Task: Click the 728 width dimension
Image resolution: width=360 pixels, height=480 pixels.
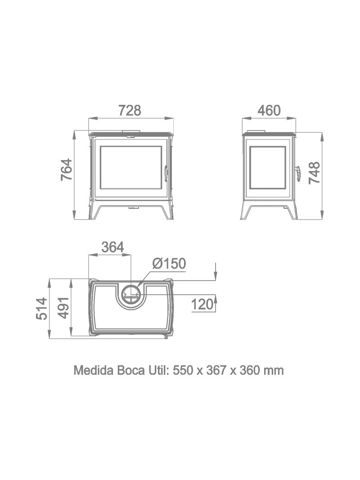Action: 130,111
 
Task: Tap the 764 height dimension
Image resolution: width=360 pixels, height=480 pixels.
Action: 67,169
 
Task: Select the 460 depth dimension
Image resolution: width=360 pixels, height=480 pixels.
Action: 269,111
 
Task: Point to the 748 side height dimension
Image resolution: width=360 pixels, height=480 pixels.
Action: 315,173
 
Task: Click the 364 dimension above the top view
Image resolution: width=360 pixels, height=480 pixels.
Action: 112,247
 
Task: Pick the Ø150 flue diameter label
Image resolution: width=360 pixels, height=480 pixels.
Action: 169,264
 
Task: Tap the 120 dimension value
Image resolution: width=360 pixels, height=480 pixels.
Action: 202,304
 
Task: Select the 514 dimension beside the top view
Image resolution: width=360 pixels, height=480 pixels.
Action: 42,308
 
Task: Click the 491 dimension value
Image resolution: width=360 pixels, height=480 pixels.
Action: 63,308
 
